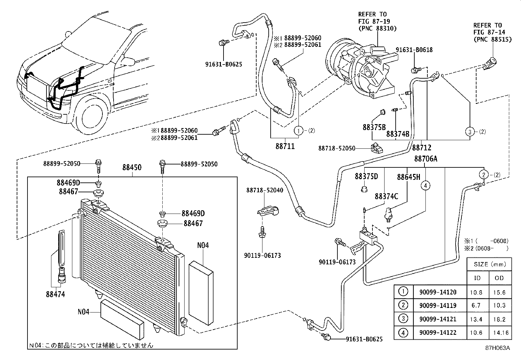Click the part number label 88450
coord(132,167)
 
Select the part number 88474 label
coord(55,294)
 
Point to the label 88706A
coord(425,159)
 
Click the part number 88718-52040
coord(265,190)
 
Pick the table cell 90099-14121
coord(438,319)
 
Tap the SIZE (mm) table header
coord(490,264)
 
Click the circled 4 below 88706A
coord(425,186)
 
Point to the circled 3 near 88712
coord(470,132)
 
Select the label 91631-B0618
coord(414,50)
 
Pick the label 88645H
coord(408,177)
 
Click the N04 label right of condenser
coord(203,245)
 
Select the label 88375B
coord(374,127)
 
